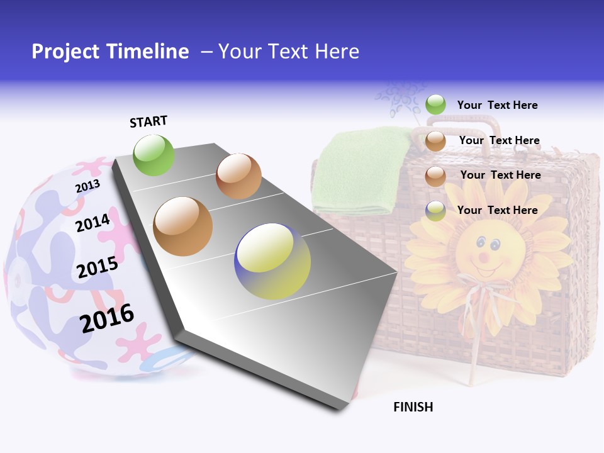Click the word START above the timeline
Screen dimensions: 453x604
point(148,121)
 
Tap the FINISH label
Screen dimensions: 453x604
point(413,407)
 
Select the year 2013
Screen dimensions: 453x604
point(87,186)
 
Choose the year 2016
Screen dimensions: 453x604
point(107,318)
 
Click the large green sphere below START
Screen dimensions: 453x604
point(154,155)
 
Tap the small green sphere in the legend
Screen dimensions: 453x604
point(435,104)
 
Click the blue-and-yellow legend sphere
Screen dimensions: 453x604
point(435,211)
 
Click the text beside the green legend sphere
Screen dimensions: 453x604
point(497,105)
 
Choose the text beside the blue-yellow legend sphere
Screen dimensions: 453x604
point(497,210)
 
